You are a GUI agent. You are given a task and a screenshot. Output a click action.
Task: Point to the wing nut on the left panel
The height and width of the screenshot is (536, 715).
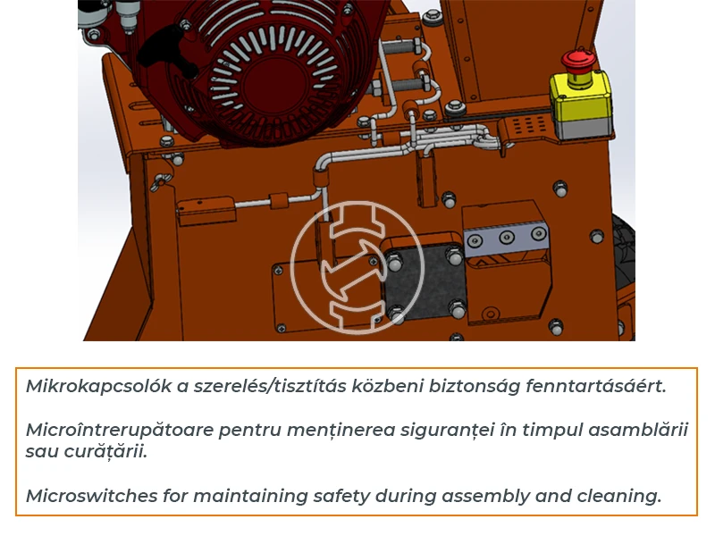(x=161, y=181)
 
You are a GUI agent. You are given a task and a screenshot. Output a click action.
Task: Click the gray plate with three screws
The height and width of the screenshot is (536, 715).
(x=506, y=237)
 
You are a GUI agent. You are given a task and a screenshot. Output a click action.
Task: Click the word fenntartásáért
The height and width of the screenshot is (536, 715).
(x=596, y=387)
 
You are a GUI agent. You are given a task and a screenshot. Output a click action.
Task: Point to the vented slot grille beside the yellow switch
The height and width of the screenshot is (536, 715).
(x=527, y=124)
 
